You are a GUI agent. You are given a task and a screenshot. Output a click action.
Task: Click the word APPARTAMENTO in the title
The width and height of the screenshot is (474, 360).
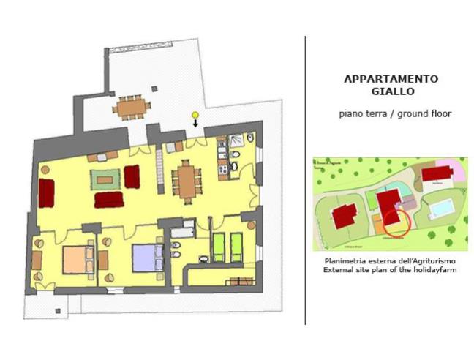pyautogui.click(x=391, y=80)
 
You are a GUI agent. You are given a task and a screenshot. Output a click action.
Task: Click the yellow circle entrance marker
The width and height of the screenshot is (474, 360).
pyautogui.click(x=195, y=115)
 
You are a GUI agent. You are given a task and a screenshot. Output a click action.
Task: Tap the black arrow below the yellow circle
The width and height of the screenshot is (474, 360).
pyautogui.click(x=195, y=124)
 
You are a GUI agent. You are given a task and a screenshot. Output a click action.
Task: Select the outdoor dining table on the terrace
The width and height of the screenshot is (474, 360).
pyautogui.click(x=132, y=108)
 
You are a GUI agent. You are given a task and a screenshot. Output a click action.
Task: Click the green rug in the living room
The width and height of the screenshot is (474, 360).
pyautogui.click(x=105, y=178)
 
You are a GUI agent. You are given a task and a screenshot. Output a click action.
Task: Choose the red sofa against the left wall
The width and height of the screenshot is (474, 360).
pyautogui.click(x=46, y=192)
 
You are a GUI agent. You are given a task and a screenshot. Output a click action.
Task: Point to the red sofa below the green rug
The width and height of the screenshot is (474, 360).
pyautogui.click(x=108, y=199)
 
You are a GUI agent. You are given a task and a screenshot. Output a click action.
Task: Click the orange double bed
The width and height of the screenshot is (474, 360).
pyautogui.click(x=75, y=258)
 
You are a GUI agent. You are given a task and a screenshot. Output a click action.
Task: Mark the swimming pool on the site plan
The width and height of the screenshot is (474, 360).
pyautogui.click(x=440, y=210)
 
